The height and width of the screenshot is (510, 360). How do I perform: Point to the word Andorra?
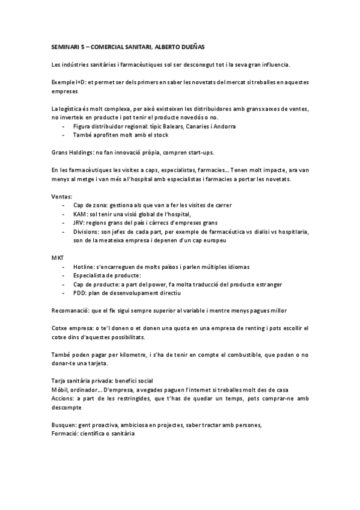click(x=222, y=127)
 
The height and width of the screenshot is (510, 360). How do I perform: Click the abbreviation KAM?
click(x=80, y=215)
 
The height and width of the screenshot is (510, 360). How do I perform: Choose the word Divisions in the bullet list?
click(x=87, y=232)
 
